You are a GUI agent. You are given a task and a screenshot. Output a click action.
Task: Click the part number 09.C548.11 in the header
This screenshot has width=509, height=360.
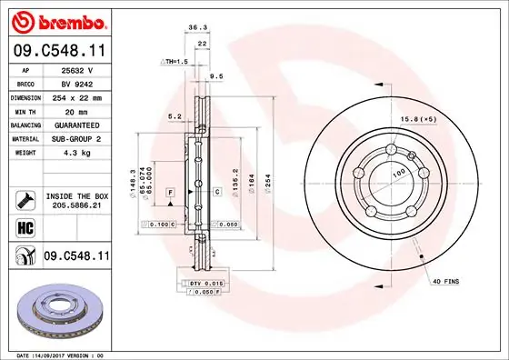[x=59, y=51]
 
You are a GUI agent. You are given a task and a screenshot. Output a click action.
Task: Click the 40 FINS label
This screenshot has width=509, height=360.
[x=445, y=282]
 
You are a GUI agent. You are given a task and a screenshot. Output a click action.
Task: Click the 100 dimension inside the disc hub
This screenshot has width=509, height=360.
[x=397, y=172]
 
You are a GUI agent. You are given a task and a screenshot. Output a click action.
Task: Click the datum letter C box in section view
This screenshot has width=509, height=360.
[x=218, y=192]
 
